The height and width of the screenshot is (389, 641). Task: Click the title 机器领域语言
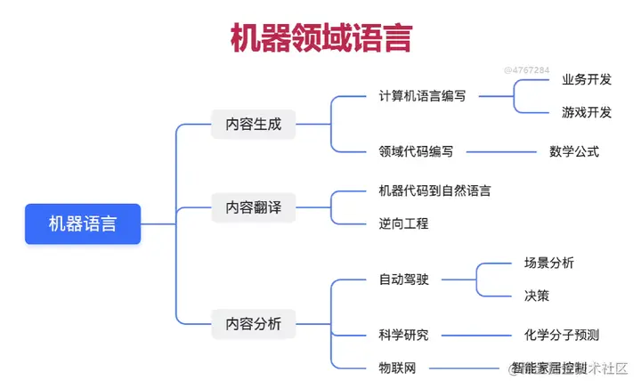pos(320,40)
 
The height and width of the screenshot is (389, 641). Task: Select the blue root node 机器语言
pos(82,223)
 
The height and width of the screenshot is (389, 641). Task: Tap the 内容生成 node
pos(253,124)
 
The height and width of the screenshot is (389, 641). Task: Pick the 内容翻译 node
pos(253,207)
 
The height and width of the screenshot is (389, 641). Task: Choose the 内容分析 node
pos(253,323)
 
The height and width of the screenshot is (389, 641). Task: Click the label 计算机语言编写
pos(422,96)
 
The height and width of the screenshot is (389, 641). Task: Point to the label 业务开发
pos(587,80)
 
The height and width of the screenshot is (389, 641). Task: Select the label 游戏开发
pos(587,112)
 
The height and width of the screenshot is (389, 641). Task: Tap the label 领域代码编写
pos(416,151)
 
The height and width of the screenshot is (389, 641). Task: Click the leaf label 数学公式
pos(574,151)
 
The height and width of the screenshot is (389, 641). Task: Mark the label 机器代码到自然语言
pos(434,190)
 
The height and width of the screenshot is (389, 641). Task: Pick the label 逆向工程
pos(403,223)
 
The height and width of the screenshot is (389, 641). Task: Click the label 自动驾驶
pos(403,280)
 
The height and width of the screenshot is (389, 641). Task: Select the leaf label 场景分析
pos(549,263)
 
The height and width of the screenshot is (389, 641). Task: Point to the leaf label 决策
pos(537,296)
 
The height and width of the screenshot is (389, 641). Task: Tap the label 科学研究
pos(403,335)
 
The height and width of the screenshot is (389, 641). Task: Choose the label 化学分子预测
pos(562,335)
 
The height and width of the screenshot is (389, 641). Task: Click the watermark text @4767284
pos(526,69)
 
